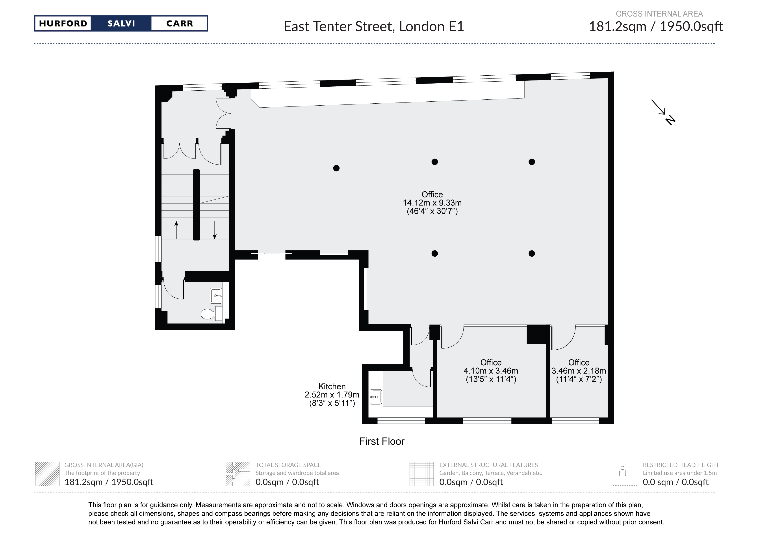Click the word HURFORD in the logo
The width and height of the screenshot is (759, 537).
[x=63, y=23]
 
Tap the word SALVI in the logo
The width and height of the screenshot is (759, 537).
[x=121, y=23]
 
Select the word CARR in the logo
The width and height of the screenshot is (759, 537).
[x=180, y=23]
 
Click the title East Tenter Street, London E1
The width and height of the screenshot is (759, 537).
[x=374, y=26]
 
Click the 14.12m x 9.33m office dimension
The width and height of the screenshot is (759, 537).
[x=432, y=203]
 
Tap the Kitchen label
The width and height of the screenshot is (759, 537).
[x=332, y=386]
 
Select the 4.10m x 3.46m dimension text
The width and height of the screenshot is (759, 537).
[x=491, y=371]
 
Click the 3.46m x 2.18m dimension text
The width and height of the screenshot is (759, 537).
[x=579, y=371]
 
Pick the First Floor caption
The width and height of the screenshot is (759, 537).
[x=382, y=441]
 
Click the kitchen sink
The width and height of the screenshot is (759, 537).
[x=375, y=396]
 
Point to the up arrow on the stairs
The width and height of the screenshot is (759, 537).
[x=176, y=230]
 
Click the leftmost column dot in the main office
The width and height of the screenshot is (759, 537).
[x=336, y=168]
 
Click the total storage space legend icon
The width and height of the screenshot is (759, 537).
[x=237, y=474]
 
